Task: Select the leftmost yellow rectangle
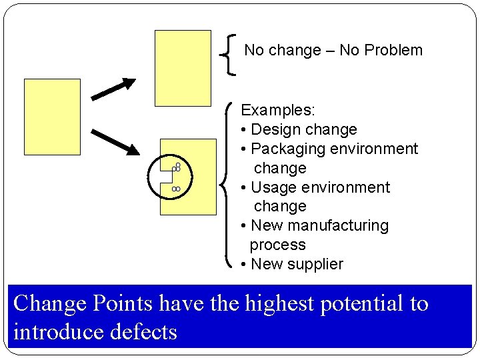pyautogui.click(x=52, y=117)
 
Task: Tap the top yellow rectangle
pyautogui.click(x=183, y=68)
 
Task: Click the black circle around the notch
pyautogui.click(x=169, y=177)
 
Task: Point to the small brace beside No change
pyautogui.click(x=230, y=54)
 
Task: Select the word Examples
pyautogui.click(x=278, y=109)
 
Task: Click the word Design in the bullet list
pyautogui.click(x=275, y=129)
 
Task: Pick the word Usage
pyautogui.click(x=270, y=187)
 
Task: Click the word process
pyautogui.click(x=277, y=245)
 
